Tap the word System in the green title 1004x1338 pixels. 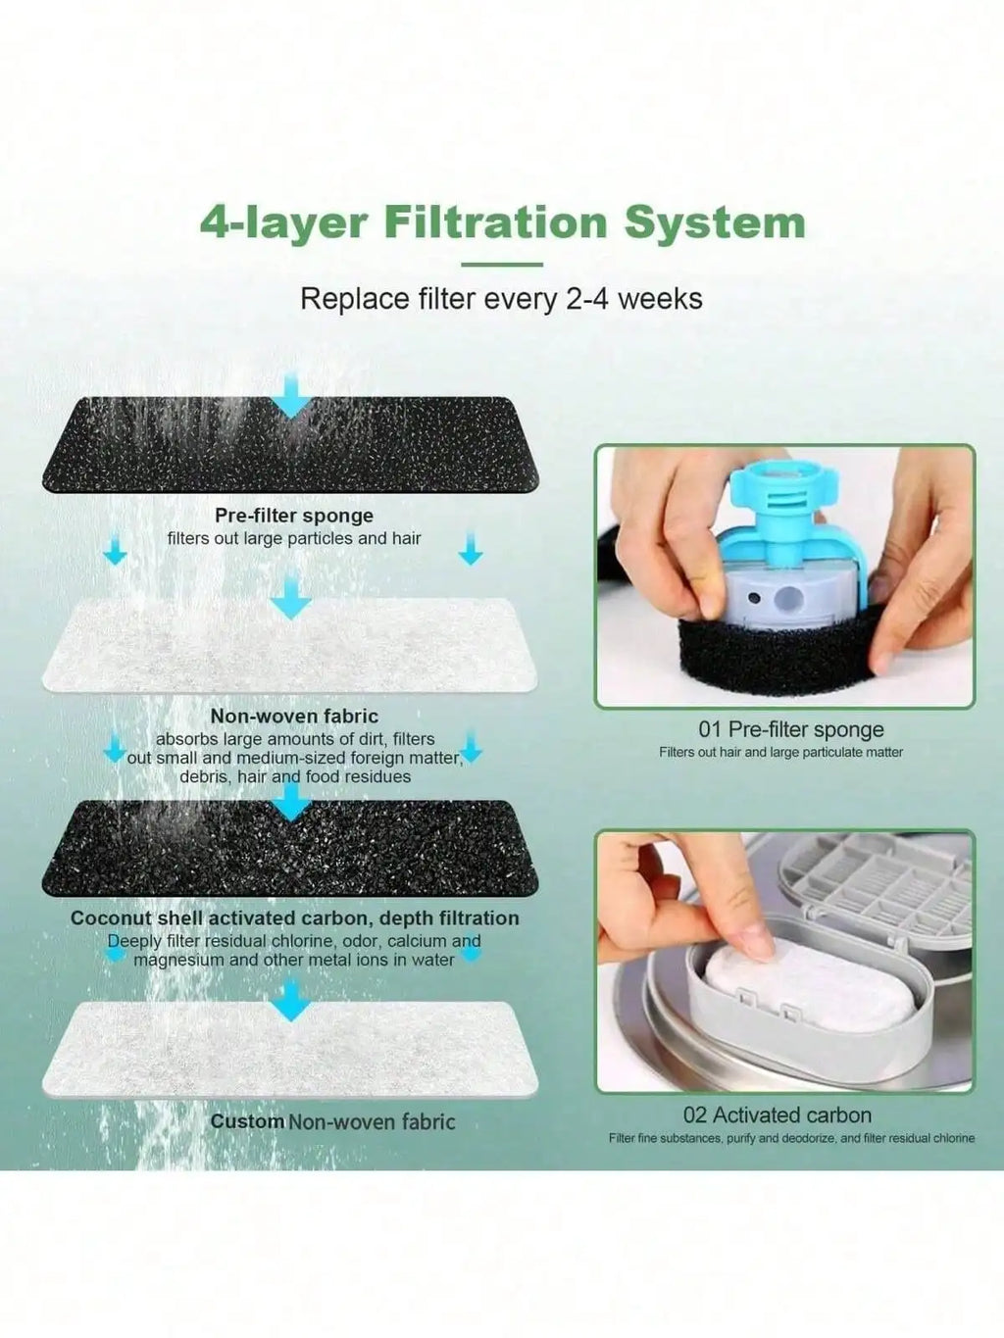(715, 223)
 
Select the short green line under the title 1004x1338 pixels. (501, 265)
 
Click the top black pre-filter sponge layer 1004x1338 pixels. (290, 446)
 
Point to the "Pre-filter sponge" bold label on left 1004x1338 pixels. (294, 516)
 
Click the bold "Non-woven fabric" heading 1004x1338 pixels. (294, 717)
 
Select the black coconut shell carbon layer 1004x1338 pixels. (290, 849)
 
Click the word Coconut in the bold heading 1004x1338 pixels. (111, 918)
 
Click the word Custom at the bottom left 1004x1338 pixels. (247, 1121)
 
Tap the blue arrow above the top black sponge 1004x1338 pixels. (289, 394)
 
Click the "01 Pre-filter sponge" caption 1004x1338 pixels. (790, 729)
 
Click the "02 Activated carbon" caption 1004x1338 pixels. (777, 1115)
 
